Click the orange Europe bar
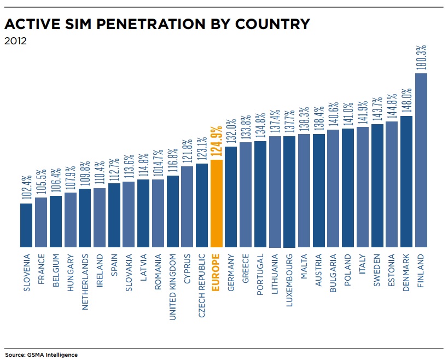[x=216, y=204]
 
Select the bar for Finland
[x=421, y=160]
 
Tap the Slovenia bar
[x=26, y=225]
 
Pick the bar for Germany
[x=231, y=197]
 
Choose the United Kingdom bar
[x=172, y=211]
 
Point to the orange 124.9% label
[x=216, y=140]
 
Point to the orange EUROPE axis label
[x=216, y=272]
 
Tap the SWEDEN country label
[x=377, y=270]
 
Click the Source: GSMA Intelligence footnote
[x=41, y=355]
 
